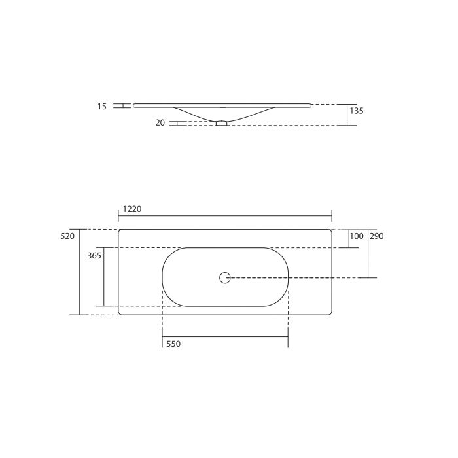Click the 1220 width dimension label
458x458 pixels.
pos(132,209)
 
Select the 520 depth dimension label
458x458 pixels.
pos(68,236)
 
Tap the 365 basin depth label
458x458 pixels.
pos(94,256)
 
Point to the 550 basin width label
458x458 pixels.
pos(173,344)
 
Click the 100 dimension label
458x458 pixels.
pos(356,236)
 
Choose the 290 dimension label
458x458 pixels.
pos(376,236)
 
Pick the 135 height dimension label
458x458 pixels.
pos(356,111)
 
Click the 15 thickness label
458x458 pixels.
pos(101,106)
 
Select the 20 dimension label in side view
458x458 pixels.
pos(160,122)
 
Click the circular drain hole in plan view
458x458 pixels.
pos(225,277)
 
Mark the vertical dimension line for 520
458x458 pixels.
pos(79,272)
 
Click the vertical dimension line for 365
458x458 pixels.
pos(103,277)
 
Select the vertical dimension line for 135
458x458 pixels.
pos(347,114)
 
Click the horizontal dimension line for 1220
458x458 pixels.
pos(225,216)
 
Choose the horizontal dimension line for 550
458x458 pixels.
pos(225,337)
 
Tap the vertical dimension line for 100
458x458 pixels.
pos(347,239)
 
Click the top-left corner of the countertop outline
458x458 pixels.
pos(120,230)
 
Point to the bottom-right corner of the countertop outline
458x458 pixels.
pos(330,313)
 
